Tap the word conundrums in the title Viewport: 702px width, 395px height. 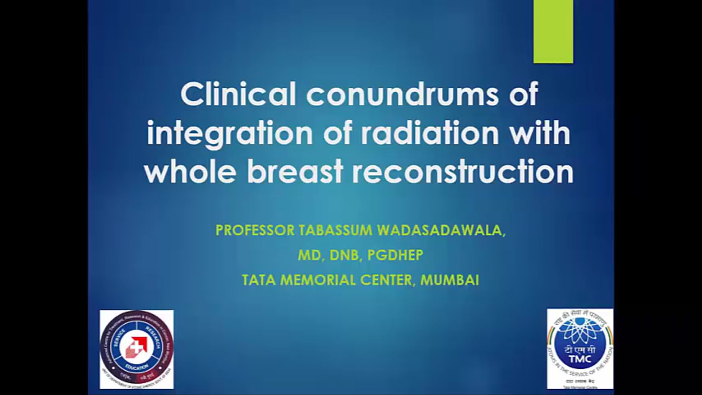pyautogui.click(x=402, y=94)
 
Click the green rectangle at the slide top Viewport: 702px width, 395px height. pyautogui.click(x=553, y=31)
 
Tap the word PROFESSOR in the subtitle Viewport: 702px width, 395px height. pyautogui.click(x=254, y=230)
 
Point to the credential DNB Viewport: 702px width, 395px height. pyautogui.click(x=344, y=255)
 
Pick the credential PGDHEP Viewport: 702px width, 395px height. pyautogui.click(x=395, y=255)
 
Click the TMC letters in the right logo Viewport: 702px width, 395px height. pyautogui.click(x=580, y=359)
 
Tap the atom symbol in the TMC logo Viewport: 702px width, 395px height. pyautogui.click(x=580, y=331)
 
